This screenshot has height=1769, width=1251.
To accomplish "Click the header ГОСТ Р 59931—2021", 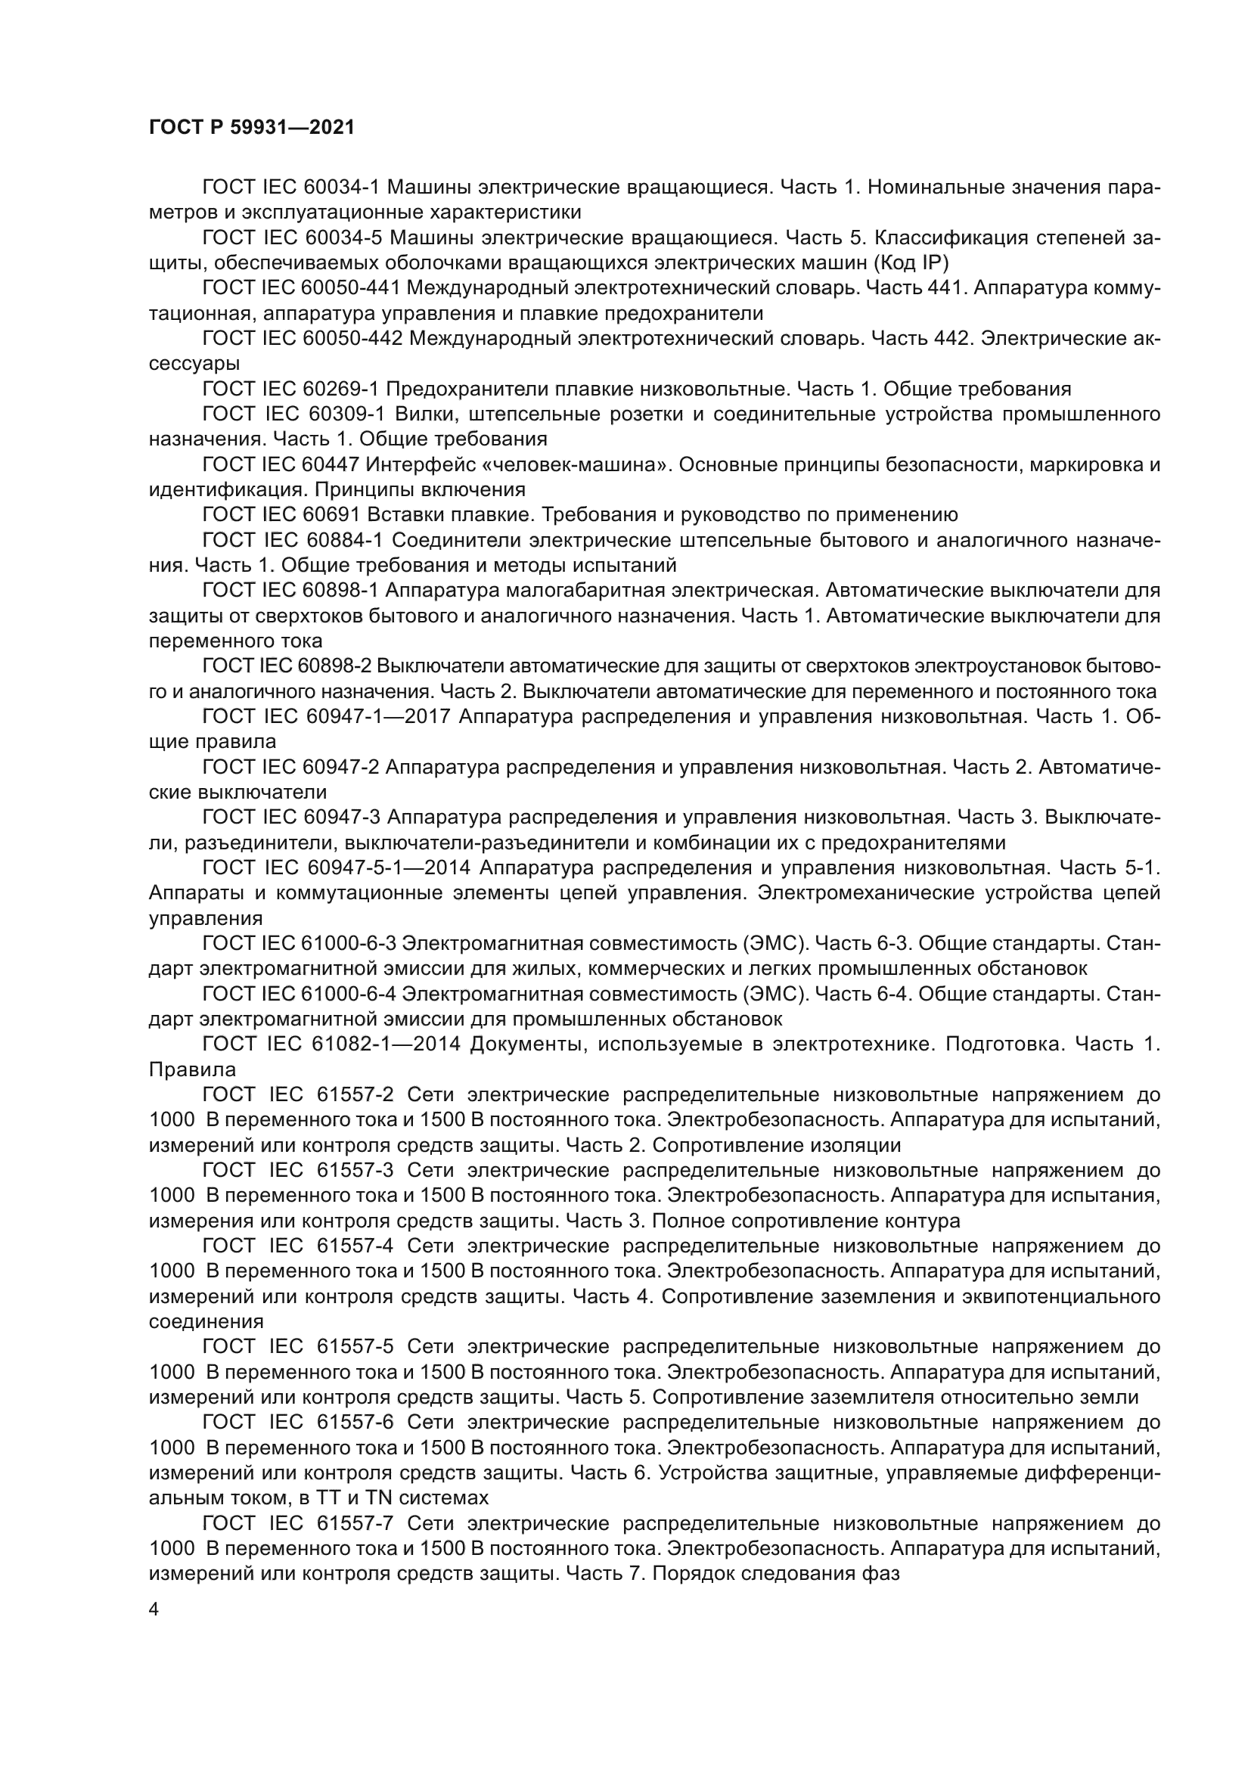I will point(252,127).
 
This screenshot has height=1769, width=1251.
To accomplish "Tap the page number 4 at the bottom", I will point(154,1609).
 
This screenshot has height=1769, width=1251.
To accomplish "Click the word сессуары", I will point(194,364).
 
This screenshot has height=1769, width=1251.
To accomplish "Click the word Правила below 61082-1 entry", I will point(193,1069).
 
